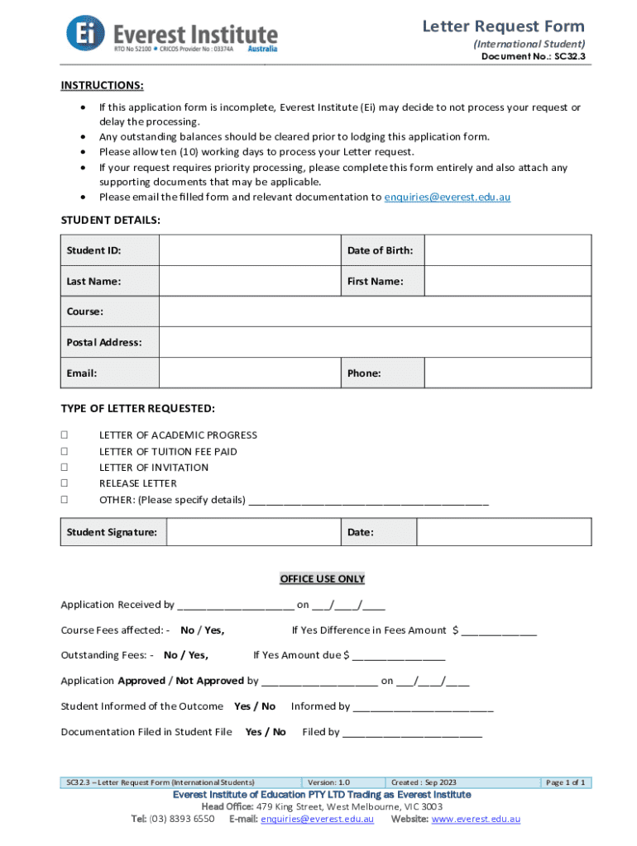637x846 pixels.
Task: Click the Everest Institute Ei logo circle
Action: click(x=87, y=35)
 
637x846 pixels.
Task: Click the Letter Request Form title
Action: click(x=504, y=26)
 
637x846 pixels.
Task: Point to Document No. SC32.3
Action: click(x=534, y=57)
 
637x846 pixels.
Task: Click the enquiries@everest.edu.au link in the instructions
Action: click(x=447, y=197)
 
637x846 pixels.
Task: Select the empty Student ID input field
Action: click(x=249, y=250)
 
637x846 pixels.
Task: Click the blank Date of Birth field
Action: click(x=508, y=250)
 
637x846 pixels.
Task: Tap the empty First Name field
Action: click(x=508, y=281)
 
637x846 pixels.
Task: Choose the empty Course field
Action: click(x=375, y=311)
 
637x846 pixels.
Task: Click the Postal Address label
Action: click(x=104, y=342)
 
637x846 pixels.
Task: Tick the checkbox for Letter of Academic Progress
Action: click(x=65, y=435)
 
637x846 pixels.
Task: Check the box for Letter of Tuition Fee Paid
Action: click(x=65, y=452)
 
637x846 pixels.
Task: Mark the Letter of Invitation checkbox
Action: click(x=65, y=468)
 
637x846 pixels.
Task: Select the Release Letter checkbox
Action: click(x=65, y=483)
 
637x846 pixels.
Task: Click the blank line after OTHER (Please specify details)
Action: click(x=368, y=501)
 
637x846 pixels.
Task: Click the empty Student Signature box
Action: click(x=253, y=533)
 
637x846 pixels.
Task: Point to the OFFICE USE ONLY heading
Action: click(x=322, y=578)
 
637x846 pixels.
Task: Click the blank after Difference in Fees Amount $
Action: click(x=499, y=631)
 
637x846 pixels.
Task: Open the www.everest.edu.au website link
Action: click(x=476, y=819)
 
